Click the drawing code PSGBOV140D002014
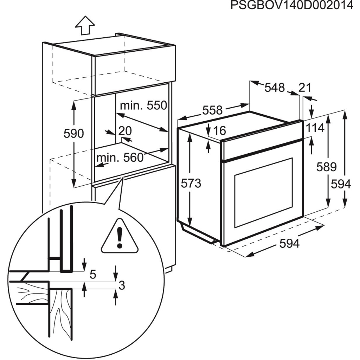click(291, 6)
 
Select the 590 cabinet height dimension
click(73, 134)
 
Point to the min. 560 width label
click(120, 157)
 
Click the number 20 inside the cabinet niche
click(125, 131)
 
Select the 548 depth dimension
click(274, 88)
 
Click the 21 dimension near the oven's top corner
click(305, 88)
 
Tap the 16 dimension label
click(219, 130)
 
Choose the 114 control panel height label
click(314, 128)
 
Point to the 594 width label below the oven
click(290, 243)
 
